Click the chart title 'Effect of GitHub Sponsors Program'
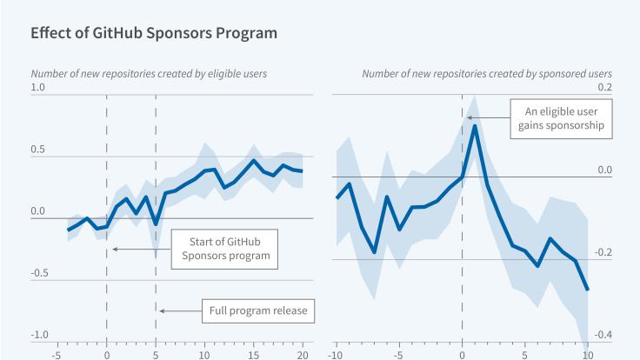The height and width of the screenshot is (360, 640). [x=154, y=34]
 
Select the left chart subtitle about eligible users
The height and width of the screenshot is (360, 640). [x=148, y=73]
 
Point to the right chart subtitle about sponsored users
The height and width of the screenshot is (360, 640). [x=487, y=73]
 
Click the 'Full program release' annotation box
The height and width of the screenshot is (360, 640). [x=259, y=310]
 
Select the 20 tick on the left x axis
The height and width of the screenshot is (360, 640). [x=301, y=354]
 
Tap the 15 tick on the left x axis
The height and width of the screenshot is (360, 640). [x=253, y=354]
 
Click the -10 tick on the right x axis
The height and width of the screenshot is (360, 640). [x=336, y=354]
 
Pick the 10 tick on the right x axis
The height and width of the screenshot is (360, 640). [x=588, y=354]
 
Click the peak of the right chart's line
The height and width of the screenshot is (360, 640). [x=475, y=126]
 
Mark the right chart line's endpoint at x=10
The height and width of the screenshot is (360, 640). [x=588, y=290]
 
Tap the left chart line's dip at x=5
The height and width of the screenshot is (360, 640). [x=156, y=224]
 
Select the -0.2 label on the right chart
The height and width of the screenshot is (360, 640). [x=603, y=253]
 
